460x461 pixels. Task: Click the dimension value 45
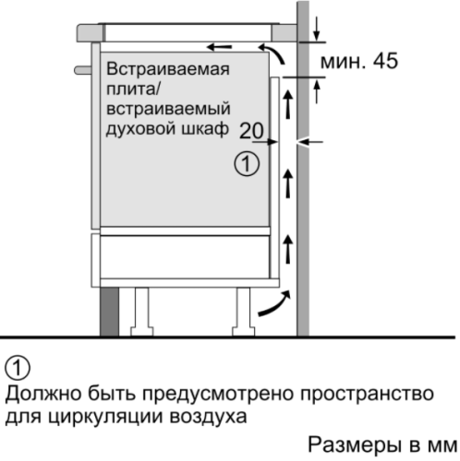pyautogui.click(x=385, y=61)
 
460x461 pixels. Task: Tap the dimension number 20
pyautogui.click(x=251, y=131)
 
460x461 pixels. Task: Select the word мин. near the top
pyautogui.click(x=343, y=62)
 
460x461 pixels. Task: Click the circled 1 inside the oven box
pyautogui.click(x=247, y=163)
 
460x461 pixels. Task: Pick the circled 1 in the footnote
pyautogui.click(x=18, y=368)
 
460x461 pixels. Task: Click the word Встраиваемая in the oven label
pyautogui.click(x=168, y=69)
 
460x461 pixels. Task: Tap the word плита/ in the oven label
pyautogui.click(x=133, y=89)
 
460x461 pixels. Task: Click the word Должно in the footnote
pyautogui.click(x=43, y=394)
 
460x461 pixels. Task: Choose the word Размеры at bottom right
pyautogui.click(x=356, y=444)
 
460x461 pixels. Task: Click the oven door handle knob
pyautogui.click(x=83, y=70)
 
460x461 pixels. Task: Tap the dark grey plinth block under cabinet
pyautogui.click(x=109, y=312)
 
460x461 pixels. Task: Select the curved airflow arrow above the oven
pyautogui.click(x=272, y=53)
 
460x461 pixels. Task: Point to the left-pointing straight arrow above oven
pyautogui.click(x=219, y=47)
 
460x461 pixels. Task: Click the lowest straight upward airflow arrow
pyautogui.click(x=288, y=249)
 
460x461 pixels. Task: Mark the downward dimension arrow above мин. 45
pyautogui.click(x=317, y=30)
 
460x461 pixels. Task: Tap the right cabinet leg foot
pyautogui.click(x=243, y=331)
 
